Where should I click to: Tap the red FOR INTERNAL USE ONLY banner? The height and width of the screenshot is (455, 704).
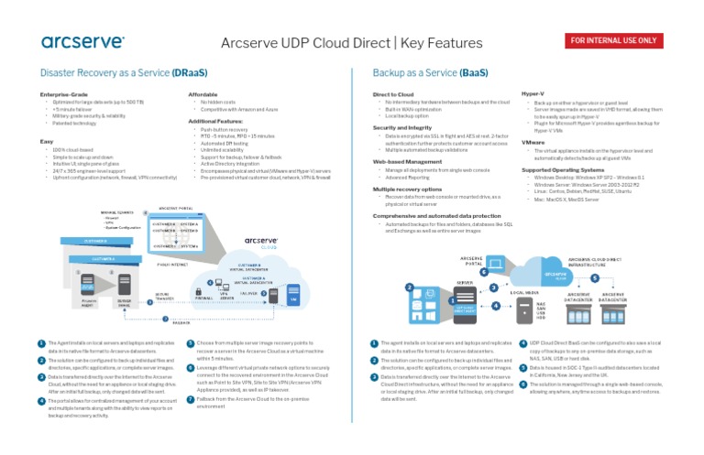click(613, 41)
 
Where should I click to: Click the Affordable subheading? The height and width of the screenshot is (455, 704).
click(203, 94)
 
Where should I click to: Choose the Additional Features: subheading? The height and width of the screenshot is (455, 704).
click(215, 120)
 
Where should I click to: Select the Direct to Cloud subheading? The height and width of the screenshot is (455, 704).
click(394, 94)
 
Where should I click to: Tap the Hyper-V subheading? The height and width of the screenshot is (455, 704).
click(533, 94)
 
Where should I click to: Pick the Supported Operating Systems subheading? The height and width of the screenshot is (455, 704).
click(561, 169)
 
